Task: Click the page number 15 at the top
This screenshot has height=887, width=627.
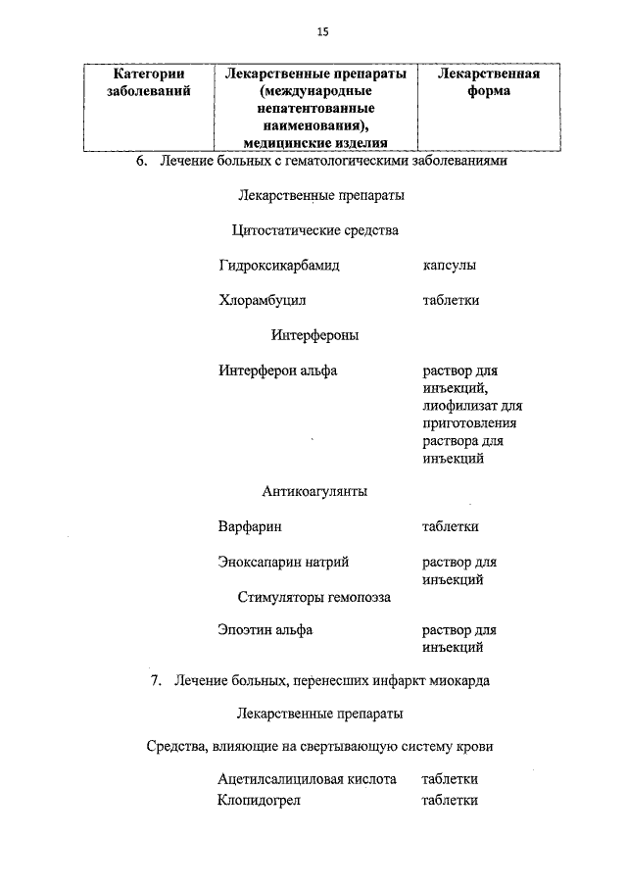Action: coord(322,31)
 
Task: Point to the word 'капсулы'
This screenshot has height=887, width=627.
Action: coord(450,266)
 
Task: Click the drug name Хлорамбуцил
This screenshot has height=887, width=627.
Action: coord(263,301)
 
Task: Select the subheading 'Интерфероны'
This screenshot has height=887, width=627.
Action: coord(314,335)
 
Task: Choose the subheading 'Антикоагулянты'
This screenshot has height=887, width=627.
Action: coord(314,491)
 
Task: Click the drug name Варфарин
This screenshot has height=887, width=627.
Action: coord(250,526)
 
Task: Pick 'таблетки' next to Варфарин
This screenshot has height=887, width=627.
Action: coord(450,526)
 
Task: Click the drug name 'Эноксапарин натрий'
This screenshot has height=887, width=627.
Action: coord(283,563)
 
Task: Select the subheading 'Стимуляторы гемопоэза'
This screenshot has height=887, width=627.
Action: coord(313,596)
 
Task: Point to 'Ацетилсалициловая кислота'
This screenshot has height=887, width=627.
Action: coord(307,780)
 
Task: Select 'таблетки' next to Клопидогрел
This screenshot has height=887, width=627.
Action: coord(450,801)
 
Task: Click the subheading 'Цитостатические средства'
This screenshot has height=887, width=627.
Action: coord(314,231)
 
